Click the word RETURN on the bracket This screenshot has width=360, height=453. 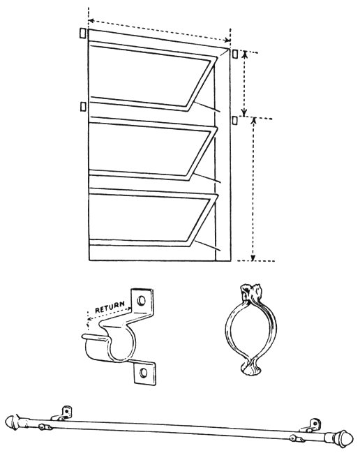pyautogui.click(x=110, y=307)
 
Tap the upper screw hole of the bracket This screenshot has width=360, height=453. pyautogui.click(x=141, y=300)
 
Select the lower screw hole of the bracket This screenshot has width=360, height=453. pyautogui.click(x=143, y=373)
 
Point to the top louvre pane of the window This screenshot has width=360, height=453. pyautogui.click(x=153, y=76)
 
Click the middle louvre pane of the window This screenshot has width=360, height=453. pyautogui.click(x=153, y=149)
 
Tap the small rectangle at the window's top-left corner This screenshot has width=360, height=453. pyautogui.click(x=82, y=33)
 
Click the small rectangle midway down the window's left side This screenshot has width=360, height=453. pyautogui.click(x=83, y=106)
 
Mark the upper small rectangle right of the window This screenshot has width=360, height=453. pyautogui.click(x=235, y=54)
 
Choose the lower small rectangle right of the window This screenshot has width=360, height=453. pyautogui.click(x=235, y=120)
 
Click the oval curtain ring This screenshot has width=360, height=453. pyautogui.click(x=250, y=329)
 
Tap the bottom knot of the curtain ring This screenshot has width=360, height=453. pyautogui.click(x=250, y=369)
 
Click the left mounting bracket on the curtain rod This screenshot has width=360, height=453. pyautogui.click(x=62, y=414)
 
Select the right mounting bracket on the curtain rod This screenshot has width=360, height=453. pyautogui.click(x=310, y=426)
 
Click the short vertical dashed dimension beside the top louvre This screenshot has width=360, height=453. pyautogui.click(x=244, y=84)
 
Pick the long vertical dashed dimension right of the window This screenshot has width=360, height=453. pyautogui.click(x=253, y=189)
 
